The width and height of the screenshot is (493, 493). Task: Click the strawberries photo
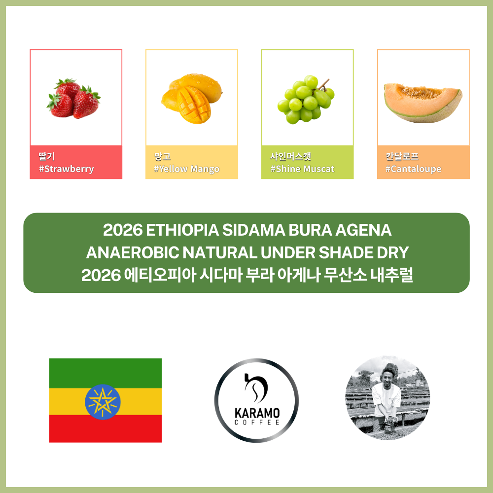[73, 99]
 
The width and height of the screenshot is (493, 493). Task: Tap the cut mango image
[191, 99]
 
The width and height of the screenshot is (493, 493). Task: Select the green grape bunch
[306, 100]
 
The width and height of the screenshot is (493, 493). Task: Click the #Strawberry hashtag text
[67, 169]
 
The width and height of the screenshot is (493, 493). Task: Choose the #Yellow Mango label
[187, 169]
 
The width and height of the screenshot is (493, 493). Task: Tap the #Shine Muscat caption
[303, 169]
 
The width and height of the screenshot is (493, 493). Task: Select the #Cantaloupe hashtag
[414, 169]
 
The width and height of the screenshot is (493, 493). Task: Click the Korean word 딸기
[46, 156]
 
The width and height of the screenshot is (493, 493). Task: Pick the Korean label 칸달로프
[402, 156]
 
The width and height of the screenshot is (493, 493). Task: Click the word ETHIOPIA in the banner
[182, 230]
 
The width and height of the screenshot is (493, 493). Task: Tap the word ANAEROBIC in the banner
[132, 252]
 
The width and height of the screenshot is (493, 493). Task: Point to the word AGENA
[363, 230]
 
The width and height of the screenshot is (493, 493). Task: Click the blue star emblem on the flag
[103, 402]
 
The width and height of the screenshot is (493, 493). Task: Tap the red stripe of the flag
[106, 428]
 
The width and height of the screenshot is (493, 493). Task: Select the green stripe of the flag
[106, 373]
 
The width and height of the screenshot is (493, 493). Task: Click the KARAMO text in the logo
[257, 413]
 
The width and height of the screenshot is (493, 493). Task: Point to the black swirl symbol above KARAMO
[256, 388]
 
